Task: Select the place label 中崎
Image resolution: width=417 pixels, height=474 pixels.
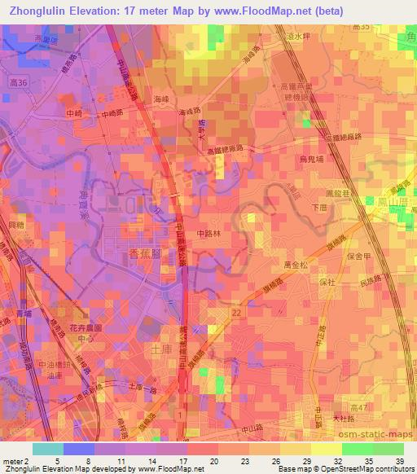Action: pos(74,113)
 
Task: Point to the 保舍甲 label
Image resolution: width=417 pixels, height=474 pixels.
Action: pos(357,256)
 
